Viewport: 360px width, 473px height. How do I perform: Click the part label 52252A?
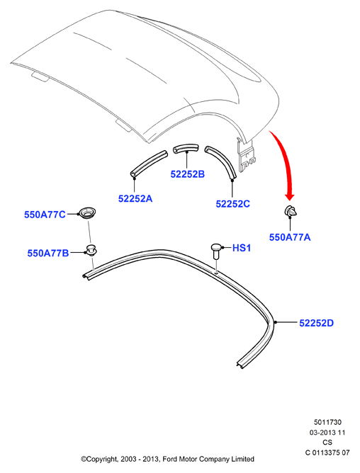[x=135, y=198]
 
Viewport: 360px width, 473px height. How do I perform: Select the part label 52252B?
[x=188, y=174]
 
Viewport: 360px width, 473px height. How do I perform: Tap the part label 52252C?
[x=233, y=204]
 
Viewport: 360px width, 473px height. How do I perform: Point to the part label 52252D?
[x=316, y=323]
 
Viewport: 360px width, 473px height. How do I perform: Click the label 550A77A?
[x=290, y=237]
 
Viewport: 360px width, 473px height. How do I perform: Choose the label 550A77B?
[x=48, y=253]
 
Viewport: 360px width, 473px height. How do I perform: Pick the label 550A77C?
[x=45, y=215]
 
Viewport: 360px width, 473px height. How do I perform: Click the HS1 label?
[x=242, y=248]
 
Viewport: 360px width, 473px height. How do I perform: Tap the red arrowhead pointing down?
[x=290, y=196]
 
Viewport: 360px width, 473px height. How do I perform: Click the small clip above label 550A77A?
[x=291, y=211]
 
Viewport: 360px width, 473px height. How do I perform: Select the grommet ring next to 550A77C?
[x=87, y=212]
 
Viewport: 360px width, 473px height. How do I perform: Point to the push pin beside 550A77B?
[x=91, y=250]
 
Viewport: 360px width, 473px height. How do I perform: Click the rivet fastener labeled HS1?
[x=216, y=251]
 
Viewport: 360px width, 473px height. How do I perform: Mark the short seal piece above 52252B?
[x=186, y=148]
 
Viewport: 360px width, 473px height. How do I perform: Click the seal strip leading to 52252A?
[x=149, y=163]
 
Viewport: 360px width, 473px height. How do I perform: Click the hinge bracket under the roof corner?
[x=246, y=154]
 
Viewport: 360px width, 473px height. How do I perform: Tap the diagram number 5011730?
[x=327, y=422]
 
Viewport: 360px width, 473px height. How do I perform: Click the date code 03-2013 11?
[x=327, y=432]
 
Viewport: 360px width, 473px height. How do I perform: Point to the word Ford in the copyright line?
[x=170, y=459]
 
